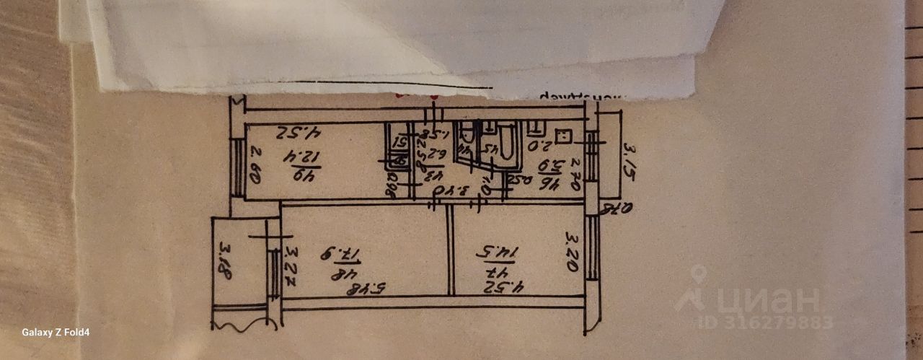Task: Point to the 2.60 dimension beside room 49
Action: point(255,162)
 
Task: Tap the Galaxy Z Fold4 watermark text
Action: point(56,333)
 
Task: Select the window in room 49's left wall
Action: point(237,167)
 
